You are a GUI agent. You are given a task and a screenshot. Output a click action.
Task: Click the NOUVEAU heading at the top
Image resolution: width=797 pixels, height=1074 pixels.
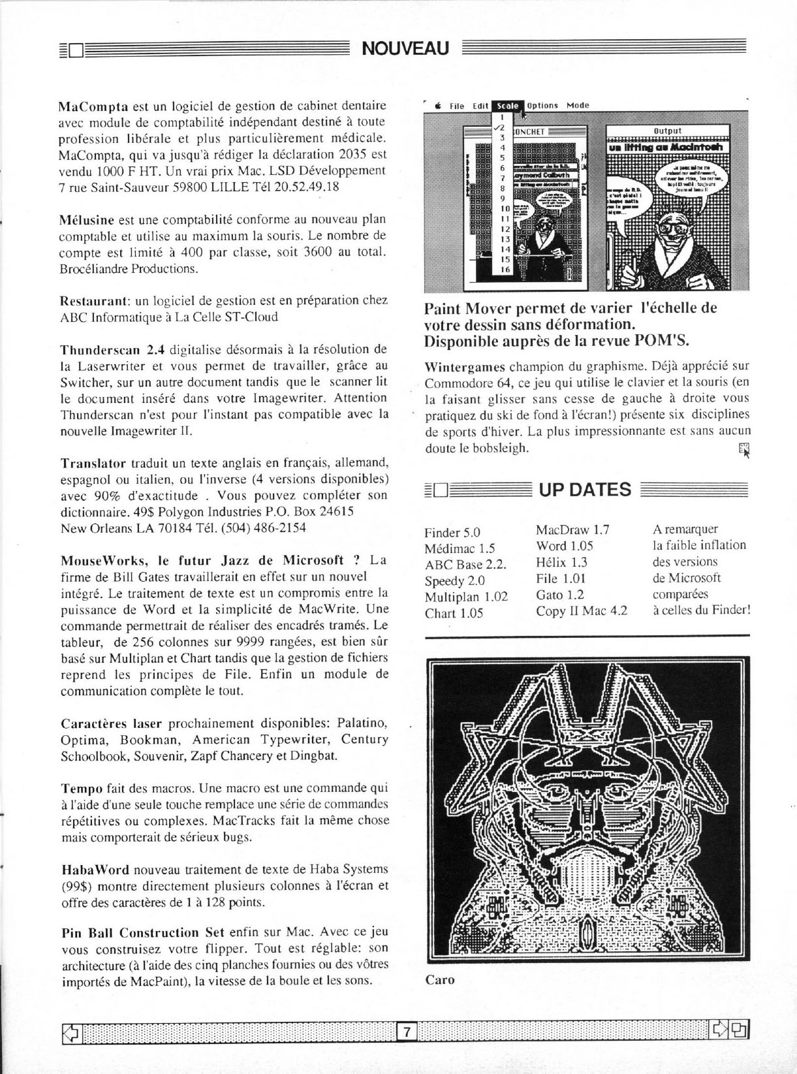pos(405,48)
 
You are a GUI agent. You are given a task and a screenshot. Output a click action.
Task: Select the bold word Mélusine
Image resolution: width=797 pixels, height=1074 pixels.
pos(87,219)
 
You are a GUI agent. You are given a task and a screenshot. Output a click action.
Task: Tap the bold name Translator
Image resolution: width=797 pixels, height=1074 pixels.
pos(93,463)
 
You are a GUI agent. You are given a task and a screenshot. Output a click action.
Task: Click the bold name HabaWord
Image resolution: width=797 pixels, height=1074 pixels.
pos(94,870)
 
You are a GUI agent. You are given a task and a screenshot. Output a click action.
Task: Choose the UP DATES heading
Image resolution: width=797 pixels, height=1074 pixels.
pos(585,489)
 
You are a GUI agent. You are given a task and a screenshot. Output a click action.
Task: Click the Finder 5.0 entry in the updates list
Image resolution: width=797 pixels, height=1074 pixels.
pos(452,532)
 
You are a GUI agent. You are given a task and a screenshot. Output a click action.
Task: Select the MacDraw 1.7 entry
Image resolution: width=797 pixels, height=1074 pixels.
pos(572,529)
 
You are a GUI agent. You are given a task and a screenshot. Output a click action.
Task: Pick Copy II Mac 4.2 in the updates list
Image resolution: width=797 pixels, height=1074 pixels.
pos(581,610)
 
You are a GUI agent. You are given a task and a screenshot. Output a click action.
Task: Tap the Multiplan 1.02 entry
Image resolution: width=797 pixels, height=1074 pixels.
pos(465,597)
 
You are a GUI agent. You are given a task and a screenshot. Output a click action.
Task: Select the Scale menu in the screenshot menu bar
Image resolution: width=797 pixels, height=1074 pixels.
pos(507,105)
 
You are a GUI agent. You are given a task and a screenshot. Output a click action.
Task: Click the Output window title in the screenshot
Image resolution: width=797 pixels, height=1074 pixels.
pos(667,131)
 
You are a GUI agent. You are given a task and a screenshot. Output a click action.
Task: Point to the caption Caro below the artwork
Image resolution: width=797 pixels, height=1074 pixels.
pos(439,979)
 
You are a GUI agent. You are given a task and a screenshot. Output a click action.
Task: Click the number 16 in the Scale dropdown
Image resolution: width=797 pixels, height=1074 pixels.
pos(505,269)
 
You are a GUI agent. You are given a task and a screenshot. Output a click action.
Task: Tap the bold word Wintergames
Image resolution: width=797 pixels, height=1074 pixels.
pos(464,366)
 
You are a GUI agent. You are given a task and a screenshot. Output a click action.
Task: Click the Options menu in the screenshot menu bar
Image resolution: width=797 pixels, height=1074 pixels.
pos(542,105)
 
